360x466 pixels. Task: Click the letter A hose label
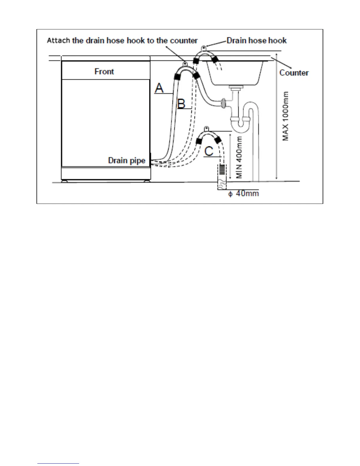(159, 88)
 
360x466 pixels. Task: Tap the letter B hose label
(181, 104)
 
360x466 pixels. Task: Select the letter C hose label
(209, 151)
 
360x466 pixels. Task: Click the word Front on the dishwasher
(104, 71)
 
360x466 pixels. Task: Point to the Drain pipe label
(127, 161)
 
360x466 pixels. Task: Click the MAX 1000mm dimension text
(285, 116)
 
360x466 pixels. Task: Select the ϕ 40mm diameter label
(244, 194)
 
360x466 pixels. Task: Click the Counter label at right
(294, 73)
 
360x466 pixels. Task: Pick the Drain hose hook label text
(256, 41)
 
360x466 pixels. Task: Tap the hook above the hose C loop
(207, 129)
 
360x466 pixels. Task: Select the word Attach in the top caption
(59, 41)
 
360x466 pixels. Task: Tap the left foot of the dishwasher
(65, 181)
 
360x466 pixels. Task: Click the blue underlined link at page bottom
(58, 463)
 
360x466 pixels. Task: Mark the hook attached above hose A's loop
(185, 63)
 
